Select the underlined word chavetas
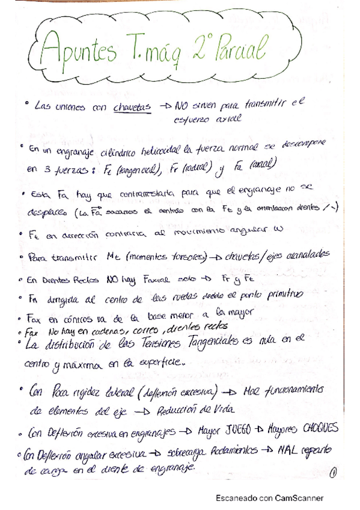point(131,108)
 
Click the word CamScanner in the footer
point(299,498)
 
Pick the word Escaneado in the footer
point(236,498)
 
